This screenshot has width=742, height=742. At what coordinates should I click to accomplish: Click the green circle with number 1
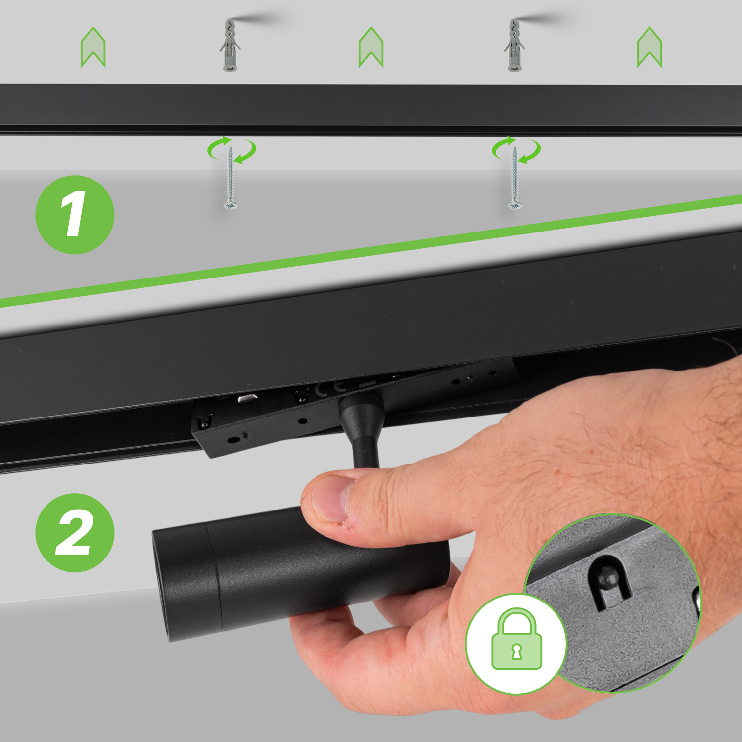coord(75,215)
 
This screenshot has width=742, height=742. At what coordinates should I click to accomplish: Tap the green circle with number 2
coord(75,533)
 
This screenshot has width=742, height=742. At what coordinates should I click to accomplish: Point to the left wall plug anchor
coord(230,45)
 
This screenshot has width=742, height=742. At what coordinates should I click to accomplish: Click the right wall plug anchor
coord(514,45)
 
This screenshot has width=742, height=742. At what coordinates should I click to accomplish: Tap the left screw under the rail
coord(231,178)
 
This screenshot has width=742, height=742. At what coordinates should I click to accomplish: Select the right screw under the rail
coord(515,178)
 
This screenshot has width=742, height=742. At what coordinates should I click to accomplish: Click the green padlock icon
coord(516,639)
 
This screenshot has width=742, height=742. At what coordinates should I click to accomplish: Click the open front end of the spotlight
coord(163,586)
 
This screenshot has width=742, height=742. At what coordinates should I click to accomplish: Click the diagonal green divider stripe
coord(371,251)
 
